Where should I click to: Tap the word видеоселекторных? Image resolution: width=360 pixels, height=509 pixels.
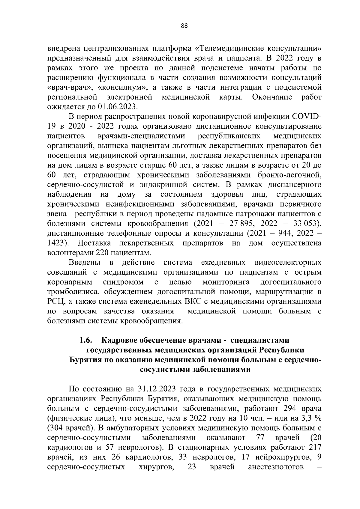[288, 263]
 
